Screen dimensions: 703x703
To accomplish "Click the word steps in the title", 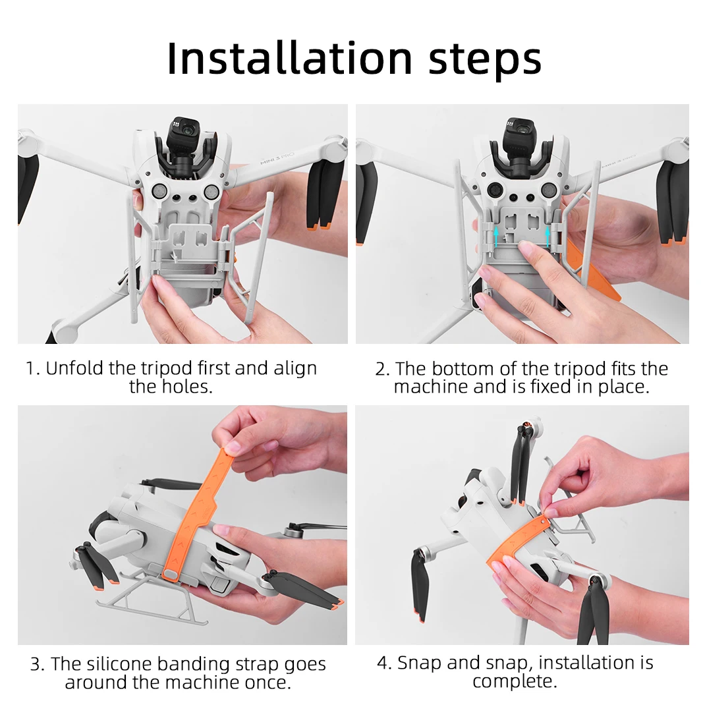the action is [485, 60].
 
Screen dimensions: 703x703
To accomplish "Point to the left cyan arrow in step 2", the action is [496, 237].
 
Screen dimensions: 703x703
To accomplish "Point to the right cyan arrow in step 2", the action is [548, 237].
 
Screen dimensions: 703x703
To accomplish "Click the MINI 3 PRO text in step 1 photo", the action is [277, 158].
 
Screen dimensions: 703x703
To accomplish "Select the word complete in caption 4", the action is [515, 681].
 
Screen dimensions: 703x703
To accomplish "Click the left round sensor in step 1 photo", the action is [159, 192].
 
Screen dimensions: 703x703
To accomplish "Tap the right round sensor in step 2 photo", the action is [549, 190].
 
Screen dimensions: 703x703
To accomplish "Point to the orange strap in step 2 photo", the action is [592, 270].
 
